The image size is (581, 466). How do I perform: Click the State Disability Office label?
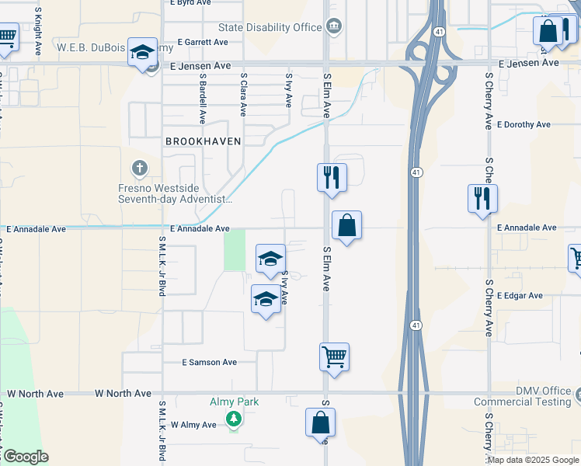tap(270, 27)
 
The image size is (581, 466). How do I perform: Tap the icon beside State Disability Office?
tap(334, 27)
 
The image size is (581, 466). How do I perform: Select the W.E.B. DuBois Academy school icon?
tap(142, 52)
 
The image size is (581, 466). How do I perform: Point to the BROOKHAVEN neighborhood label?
tap(204, 141)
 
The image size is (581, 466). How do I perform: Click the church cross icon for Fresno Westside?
tap(140, 167)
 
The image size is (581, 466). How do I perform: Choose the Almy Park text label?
tap(234, 402)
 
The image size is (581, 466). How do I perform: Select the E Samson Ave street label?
tap(209, 363)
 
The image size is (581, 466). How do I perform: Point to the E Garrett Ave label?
tap(203, 42)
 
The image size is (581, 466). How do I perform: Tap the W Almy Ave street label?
tap(193, 425)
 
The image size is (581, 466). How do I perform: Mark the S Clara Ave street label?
tap(244, 95)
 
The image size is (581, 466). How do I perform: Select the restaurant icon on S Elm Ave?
tap(332, 177)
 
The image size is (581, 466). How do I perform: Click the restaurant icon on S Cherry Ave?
tap(482, 198)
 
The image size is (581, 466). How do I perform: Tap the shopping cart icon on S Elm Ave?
tap(334, 357)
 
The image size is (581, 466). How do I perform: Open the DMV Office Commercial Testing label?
tap(534, 396)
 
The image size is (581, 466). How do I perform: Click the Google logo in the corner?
tap(25, 457)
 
